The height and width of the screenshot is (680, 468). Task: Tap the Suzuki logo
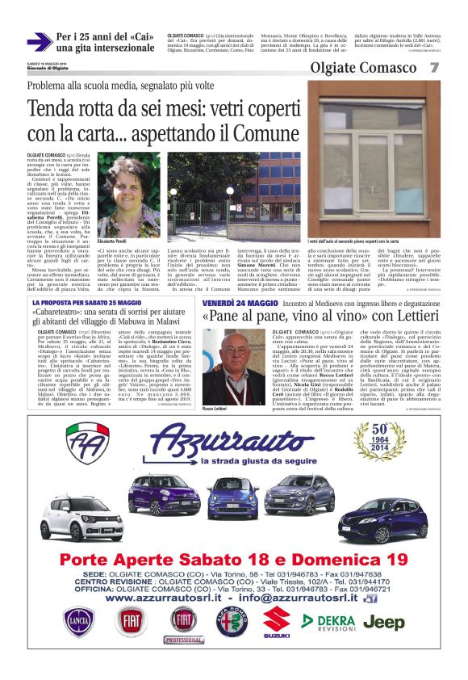[x=276, y=622]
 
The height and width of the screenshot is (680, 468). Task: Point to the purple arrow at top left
[x=39, y=42]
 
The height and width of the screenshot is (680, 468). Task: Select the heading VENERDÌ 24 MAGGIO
[x=240, y=302]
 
